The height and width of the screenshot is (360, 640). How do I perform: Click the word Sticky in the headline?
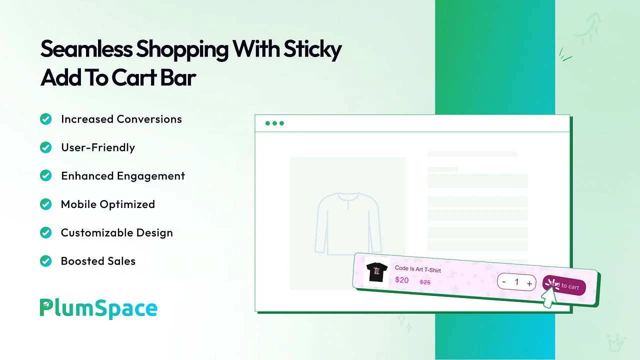(312, 49)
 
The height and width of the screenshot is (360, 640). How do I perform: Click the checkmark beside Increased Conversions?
(45, 119)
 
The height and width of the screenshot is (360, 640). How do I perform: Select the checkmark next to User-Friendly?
(45, 147)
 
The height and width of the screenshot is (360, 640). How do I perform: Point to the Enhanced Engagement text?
(123, 176)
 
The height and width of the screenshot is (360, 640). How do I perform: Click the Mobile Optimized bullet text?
(108, 204)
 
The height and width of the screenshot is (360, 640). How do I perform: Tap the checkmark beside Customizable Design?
(45, 232)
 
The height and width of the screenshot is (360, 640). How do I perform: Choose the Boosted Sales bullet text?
(98, 261)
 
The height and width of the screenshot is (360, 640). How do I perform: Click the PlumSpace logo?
(98, 308)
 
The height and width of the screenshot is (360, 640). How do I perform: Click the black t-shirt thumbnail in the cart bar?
(376, 272)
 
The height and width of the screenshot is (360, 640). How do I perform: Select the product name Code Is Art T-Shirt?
(417, 269)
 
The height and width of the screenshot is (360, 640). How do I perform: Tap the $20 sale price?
(401, 280)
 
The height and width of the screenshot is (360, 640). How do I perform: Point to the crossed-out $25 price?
(425, 282)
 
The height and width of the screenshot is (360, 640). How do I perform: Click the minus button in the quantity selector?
(504, 281)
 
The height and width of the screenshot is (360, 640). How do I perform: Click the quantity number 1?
(516, 282)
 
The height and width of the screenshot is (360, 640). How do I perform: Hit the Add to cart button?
(564, 285)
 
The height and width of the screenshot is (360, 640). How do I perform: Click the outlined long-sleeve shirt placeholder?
(348, 223)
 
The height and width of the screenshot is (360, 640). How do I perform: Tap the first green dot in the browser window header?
(267, 123)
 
